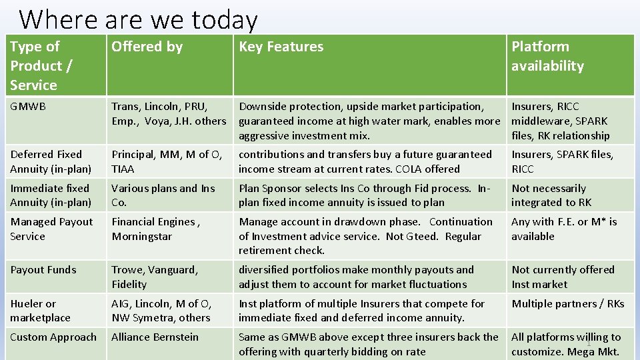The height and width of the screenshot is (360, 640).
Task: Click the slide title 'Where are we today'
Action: coord(138,20)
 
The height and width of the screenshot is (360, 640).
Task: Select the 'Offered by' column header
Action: coord(147,47)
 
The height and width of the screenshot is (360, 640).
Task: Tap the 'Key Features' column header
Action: coord(281,47)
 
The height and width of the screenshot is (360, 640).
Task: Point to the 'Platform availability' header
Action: coord(547,56)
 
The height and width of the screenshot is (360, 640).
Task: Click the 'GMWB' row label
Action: coord(28,106)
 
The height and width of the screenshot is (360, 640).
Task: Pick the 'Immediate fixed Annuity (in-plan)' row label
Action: coord(51,195)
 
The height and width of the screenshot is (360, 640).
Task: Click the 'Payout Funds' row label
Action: coord(43,269)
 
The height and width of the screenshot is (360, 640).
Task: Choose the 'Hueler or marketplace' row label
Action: coord(40,311)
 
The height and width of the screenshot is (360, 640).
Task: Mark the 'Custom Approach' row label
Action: coord(53,337)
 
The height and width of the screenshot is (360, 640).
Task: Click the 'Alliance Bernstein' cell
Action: coord(155,337)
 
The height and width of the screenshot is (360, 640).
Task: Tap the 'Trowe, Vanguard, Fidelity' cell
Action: coord(155,277)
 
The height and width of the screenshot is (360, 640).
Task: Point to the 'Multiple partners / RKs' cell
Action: coord(567,303)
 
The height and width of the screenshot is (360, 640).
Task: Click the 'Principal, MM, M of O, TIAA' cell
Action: coord(166,161)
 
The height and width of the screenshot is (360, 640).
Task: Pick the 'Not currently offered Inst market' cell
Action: coord(562,277)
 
